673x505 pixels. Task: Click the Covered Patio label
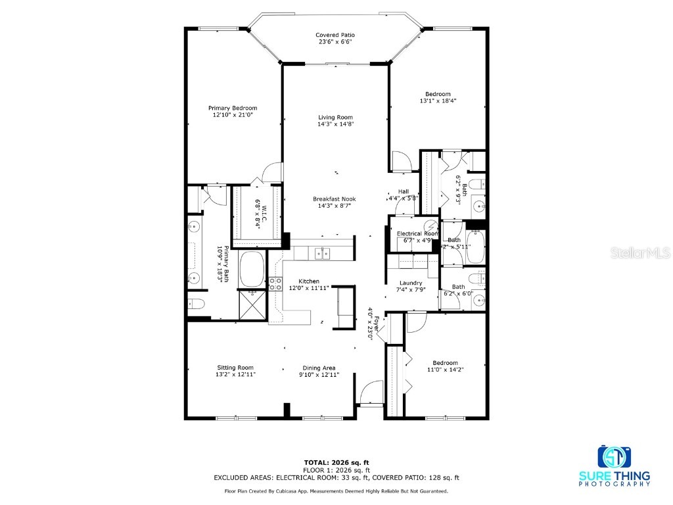335,35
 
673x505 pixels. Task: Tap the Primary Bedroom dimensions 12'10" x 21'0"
233,114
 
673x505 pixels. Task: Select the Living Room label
335,117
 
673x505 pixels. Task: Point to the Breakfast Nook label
335,199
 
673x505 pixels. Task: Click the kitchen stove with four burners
275,284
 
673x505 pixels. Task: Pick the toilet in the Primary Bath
196,304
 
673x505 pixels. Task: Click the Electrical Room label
417,233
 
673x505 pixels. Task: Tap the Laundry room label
411,283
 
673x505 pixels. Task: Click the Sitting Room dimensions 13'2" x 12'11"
235,374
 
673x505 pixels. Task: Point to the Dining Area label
319,368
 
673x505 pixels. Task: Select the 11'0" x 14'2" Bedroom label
445,363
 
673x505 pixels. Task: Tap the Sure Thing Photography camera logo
614,456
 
